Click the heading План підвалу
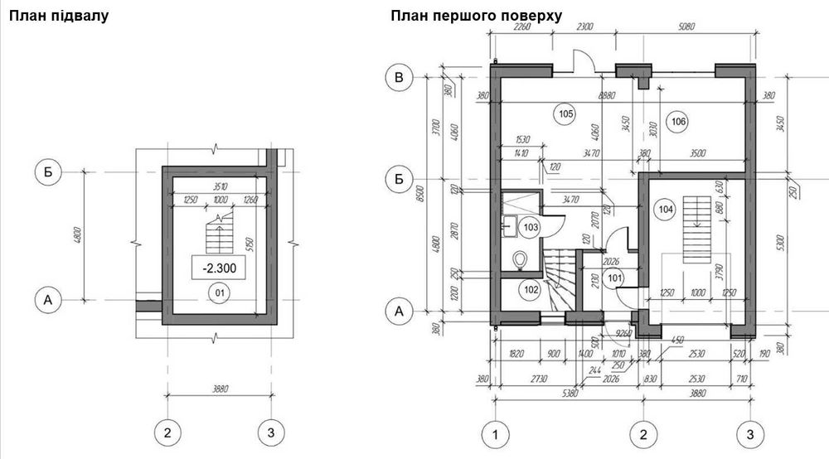(x=58, y=16)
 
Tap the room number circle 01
(x=219, y=292)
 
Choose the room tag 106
(x=678, y=122)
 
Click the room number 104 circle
(x=665, y=209)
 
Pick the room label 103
(x=531, y=226)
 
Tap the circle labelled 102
(x=531, y=290)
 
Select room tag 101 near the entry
(x=614, y=278)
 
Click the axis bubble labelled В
(x=400, y=78)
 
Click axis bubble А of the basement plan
(x=47, y=300)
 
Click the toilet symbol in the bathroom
(x=521, y=260)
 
